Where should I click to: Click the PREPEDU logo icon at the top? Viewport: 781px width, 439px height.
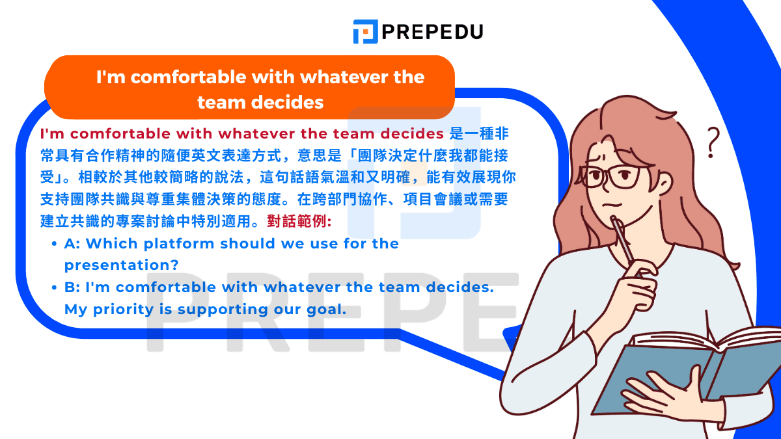click(366, 31)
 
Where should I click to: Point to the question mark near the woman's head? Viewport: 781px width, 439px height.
click(714, 142)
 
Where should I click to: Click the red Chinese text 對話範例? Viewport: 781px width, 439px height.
click(299, 222)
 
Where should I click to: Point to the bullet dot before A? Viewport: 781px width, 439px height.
click(54, 244)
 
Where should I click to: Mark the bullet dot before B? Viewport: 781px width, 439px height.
click(54, 287)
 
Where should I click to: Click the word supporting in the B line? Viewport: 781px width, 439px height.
click(218, 310)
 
